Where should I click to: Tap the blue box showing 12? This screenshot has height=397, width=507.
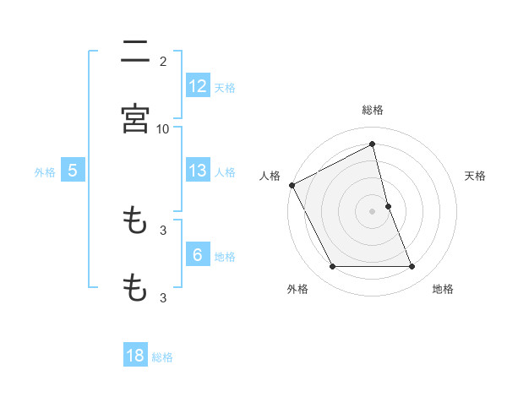pos(198,86)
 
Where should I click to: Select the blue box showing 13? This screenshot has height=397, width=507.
pos(198,171)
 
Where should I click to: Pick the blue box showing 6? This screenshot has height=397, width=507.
pos(198,255)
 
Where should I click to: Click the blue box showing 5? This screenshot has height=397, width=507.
pos(73,171)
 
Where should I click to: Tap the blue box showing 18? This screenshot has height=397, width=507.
pos(136,356)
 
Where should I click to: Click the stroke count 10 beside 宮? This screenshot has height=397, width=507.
pos(163,128)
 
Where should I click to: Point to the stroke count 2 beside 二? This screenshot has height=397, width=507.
pos(163,61)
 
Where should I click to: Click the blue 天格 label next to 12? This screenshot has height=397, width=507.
pos(225,87)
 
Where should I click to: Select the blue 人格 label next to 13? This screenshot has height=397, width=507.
pos(225,171)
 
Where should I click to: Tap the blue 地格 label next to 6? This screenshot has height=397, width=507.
pos(225,256)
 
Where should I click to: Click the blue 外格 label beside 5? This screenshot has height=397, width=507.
pos(45,171)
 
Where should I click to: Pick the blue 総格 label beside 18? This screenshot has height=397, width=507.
pos(162,356)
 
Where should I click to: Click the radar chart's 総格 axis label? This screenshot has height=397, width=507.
pos(373,110)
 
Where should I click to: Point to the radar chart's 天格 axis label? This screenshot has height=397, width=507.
pos(476,176)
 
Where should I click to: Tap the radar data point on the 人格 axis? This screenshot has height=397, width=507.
pos(292,185)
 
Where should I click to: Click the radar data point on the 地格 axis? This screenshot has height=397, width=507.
pos(412,267)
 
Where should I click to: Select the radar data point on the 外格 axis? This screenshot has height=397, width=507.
pos(332,267)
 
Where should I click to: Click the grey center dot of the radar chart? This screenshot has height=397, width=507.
pos(373,211)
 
